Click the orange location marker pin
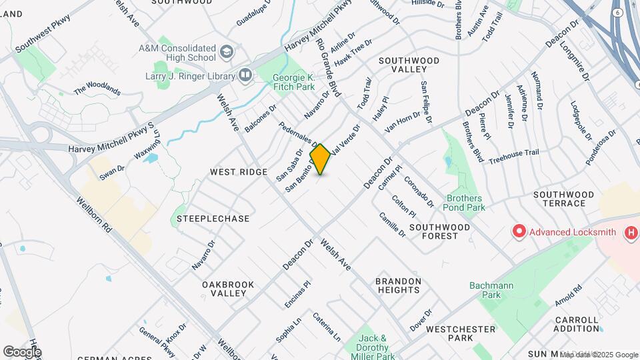click(x=321, y=159)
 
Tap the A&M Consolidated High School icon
click(x=227, y=51)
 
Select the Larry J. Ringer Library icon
click(x=245, y=76)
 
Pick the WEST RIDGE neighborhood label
click(x=239, y=172)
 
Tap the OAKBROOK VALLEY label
click(x=228, y=289)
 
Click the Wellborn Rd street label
click(x=93, y=214)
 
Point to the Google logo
click(x=22, y=351)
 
